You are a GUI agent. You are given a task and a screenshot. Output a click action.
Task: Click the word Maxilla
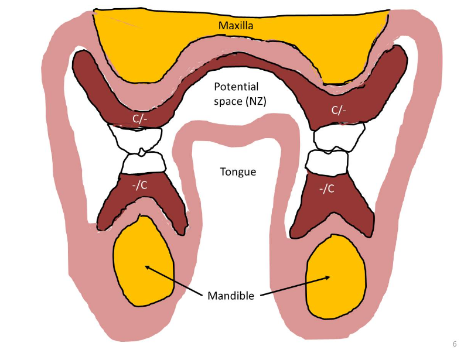tap(236, 25)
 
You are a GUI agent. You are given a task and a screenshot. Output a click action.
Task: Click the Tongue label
tap(238, 172)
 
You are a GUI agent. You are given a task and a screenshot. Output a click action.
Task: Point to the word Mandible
tap(231, 296)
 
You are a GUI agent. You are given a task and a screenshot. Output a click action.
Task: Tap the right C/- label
tap(339, 110)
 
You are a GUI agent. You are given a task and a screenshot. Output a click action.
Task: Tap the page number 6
tap(454, 344)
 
